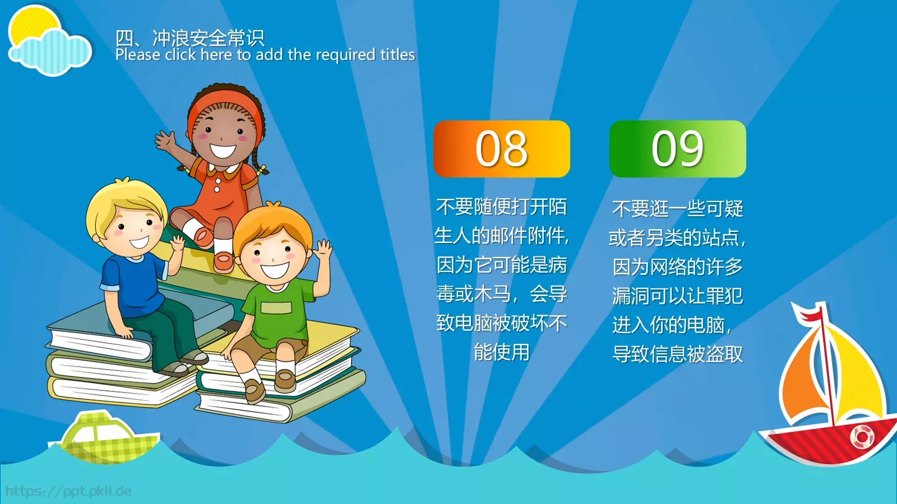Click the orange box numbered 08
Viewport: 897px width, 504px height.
pyautogui.click(x=501, y=149)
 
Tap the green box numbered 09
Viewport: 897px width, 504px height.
pyautogui.click(x=678, y=149)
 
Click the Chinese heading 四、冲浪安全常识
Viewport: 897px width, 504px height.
pyautogui.click(x=190, y=38)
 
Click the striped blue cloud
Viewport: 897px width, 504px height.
pyautogui.click(x=50, y=52)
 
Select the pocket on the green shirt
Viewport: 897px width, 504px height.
pyautogui.click(x=276, y=307)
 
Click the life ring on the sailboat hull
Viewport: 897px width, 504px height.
pyautogui.click(x=861, y=437)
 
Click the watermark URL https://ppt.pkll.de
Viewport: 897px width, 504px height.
pyautogui.click(x=68, y=491)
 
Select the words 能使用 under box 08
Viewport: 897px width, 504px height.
pyautogui.click(x=501, y=352)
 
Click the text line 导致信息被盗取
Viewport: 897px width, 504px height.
pyautogui.click(x=678, y=354)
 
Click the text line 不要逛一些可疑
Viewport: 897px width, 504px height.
pyautogui.click(x=678, y=208)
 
